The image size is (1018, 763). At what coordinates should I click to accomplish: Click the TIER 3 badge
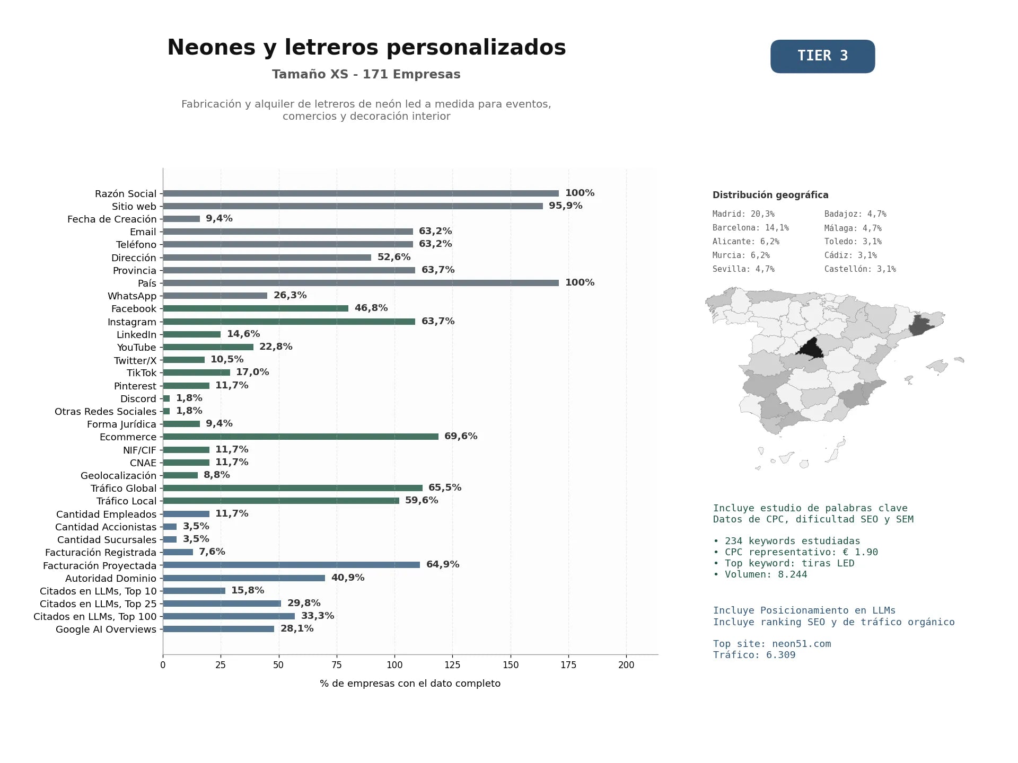point(822,56)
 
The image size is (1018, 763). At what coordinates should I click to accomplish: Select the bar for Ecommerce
point(301,437)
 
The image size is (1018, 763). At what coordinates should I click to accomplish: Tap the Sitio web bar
point(353,206)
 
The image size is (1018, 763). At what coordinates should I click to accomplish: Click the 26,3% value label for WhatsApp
point(290,295)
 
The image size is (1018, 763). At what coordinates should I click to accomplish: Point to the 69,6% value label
point(461,436)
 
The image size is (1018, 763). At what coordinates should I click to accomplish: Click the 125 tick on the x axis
point(452,665)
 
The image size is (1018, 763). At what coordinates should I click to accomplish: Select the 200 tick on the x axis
point(626,665)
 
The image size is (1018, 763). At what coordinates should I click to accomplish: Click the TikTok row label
point(142,373)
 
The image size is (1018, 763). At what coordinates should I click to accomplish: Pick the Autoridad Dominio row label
point(111,579)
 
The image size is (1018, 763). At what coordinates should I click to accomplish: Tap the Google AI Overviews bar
point(218,629)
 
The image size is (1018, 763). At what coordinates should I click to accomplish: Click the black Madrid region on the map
point(810,349)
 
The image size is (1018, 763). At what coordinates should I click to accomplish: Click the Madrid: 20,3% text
point(743,214)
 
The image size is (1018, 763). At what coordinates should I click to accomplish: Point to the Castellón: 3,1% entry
point(860,269)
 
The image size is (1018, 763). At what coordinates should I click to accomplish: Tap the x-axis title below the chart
point(410,684)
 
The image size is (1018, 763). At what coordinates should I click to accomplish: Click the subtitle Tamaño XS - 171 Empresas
point(366,74)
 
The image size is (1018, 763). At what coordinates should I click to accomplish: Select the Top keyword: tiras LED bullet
point(784,563)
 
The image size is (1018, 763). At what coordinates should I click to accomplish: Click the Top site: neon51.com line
point(772,644)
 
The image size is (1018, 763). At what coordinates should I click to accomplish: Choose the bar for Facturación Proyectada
point(291,565)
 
